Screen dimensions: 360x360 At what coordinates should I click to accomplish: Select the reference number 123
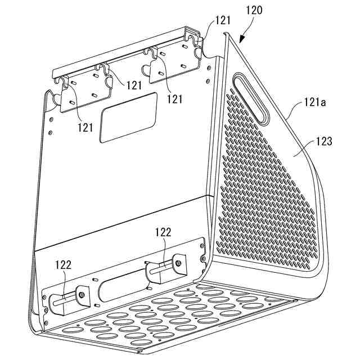(324, 141)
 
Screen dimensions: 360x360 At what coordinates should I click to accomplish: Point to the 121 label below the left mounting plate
(85, 128)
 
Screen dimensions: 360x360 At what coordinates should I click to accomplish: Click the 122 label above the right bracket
(163, 232)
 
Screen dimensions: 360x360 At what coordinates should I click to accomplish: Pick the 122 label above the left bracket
(64, 265)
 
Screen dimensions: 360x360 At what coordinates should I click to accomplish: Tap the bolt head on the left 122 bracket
(82, 295)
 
